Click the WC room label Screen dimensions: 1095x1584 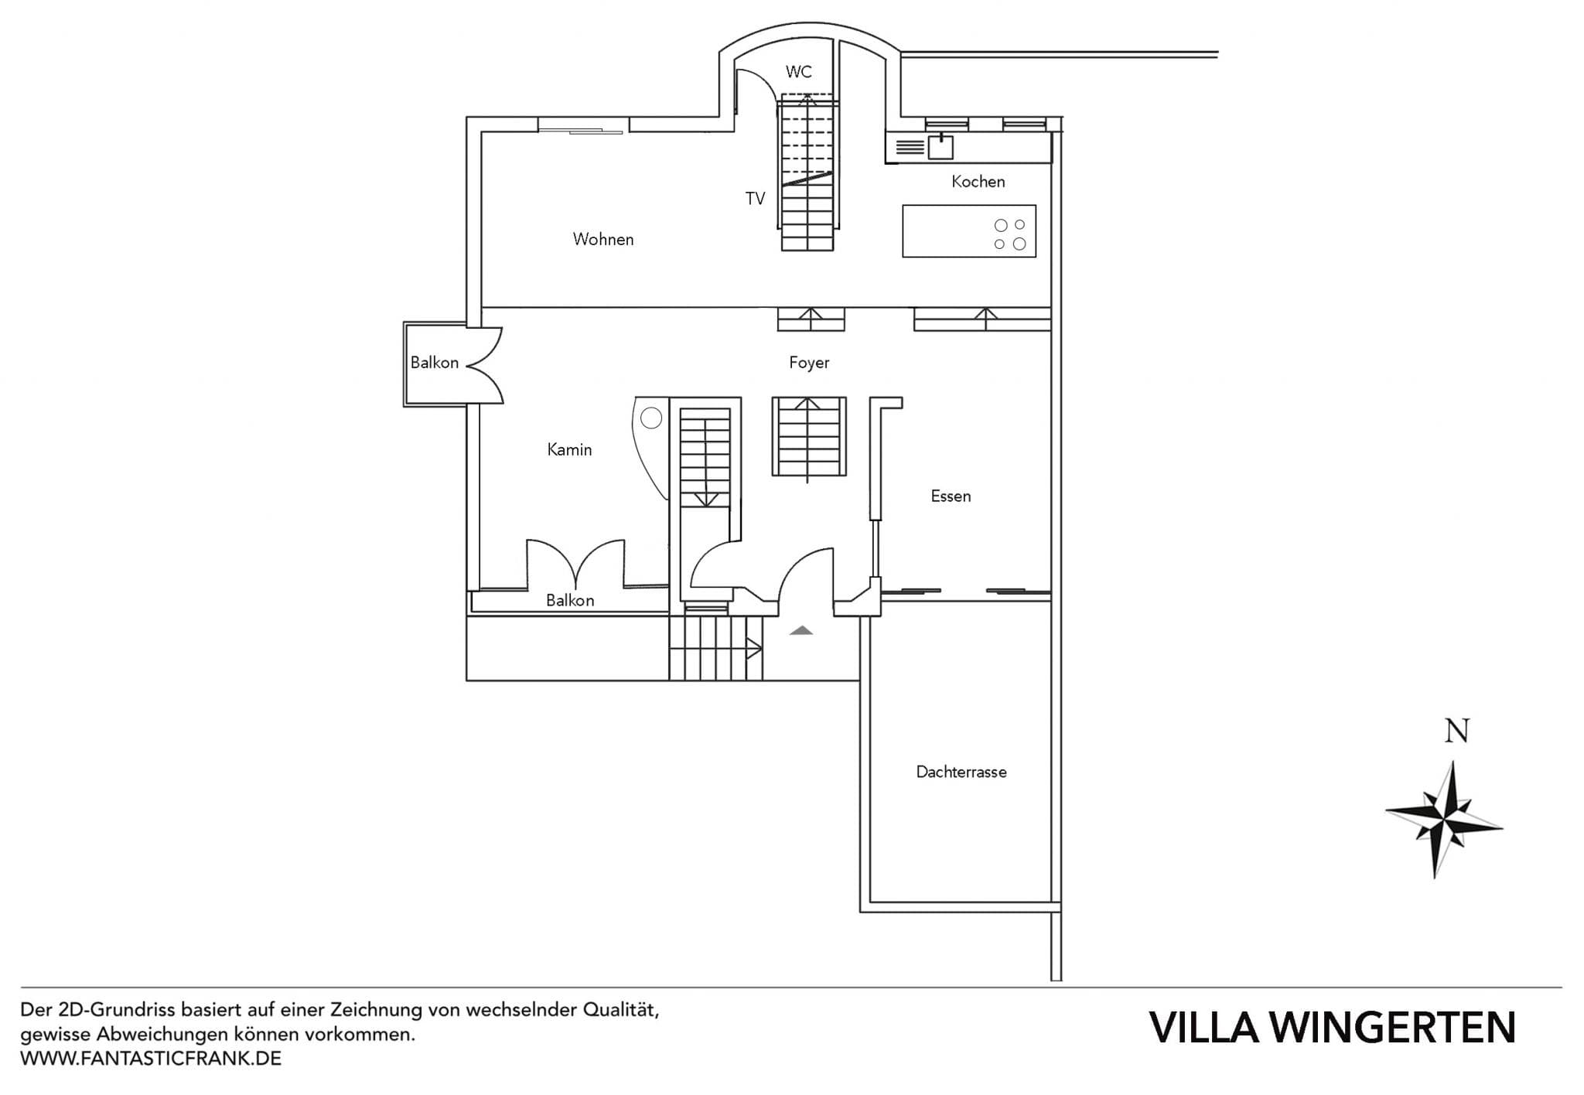point(798,72)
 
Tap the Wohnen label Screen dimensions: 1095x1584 point(603,240)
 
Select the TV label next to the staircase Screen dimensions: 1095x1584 point(755,199)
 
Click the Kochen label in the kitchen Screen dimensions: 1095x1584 point(978,182)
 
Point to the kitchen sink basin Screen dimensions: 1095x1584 point(940,147)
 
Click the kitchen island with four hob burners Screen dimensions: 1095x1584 point(968,231)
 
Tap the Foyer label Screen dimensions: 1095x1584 point(809,363)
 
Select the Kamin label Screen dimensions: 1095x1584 point(569,450)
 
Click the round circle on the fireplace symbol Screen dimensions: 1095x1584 point(651,418)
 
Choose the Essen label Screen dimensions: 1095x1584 point(951,496)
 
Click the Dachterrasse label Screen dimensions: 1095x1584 point(961,772)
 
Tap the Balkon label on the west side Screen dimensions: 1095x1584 point(434,363)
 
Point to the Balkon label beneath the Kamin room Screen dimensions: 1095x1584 point(570,600)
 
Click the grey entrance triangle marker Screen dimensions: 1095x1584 point(801,631)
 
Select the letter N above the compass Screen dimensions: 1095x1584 point(1456,732)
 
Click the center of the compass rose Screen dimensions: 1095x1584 point(1443,818)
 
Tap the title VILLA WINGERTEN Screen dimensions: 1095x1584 point(1332,1028)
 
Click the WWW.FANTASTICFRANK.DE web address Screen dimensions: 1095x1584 point(151,1059)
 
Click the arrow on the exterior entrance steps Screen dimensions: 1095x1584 point(753,648)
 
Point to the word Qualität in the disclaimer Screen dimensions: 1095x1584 point(621,1010)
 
